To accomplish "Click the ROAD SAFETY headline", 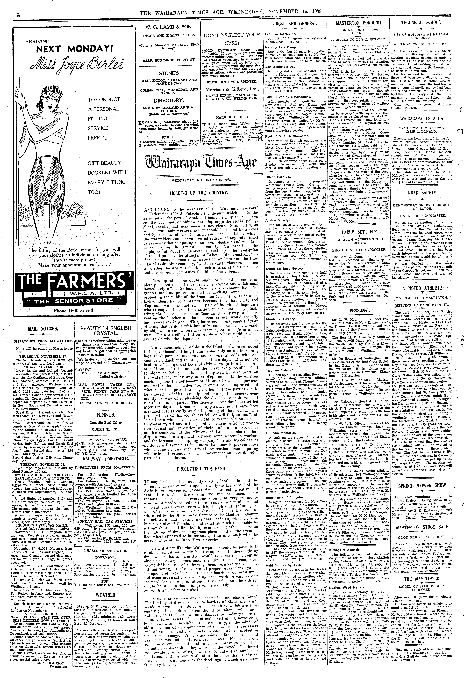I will [x=426, y=193].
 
